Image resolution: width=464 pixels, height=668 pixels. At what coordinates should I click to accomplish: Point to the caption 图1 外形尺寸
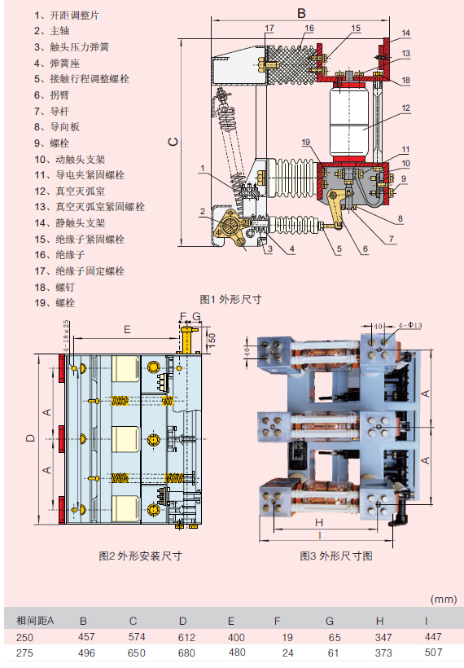(x=230, y=299)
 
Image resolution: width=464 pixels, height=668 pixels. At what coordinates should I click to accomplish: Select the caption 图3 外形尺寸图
(x=336, y=556)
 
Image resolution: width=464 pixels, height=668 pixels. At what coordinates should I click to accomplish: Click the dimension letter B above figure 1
(x=300, y=13)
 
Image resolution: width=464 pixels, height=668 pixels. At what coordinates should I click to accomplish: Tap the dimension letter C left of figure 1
(x=173, y=141)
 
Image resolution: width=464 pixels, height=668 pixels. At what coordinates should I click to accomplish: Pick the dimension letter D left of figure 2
(x=30, y=438)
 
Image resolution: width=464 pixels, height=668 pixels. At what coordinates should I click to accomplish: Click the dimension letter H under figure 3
(x=319, y=522)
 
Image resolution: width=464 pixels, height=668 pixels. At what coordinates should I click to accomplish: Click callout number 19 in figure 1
(x=305, y=143)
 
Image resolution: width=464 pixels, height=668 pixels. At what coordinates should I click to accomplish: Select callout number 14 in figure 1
(x=405, y=33)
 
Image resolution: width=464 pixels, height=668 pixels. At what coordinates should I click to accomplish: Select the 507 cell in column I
(x=434, y=653)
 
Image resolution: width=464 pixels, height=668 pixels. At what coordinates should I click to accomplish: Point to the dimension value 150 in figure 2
(x=212, y=337)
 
